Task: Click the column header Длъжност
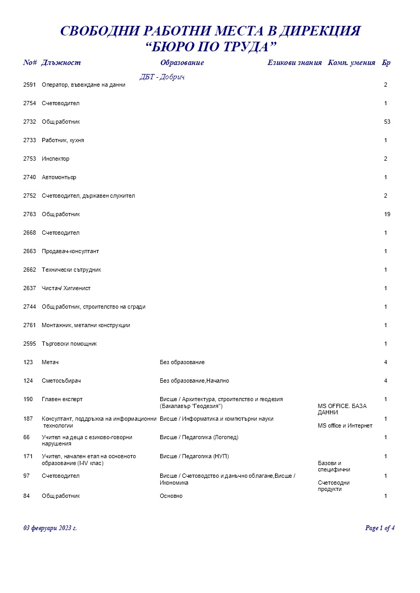click(61, 63)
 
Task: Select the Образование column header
click(181, 63)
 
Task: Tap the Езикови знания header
click(294, 63)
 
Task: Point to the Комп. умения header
click(352, 63)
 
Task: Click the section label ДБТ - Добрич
click(162, 77)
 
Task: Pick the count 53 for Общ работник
click(387, 122)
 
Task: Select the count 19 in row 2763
click(387, 215)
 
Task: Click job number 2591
click(30, 85)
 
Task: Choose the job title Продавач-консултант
click(70, 252)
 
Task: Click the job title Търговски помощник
click(69, 344)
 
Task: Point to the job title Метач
click(49, 363)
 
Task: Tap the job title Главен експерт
click(62, 400)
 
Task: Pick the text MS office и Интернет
click(345, 426)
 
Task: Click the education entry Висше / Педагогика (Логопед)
click(199, 438)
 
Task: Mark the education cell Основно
click(171, 496)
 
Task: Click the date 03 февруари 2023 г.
click(50, 528)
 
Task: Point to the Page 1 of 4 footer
click(380, 528)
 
